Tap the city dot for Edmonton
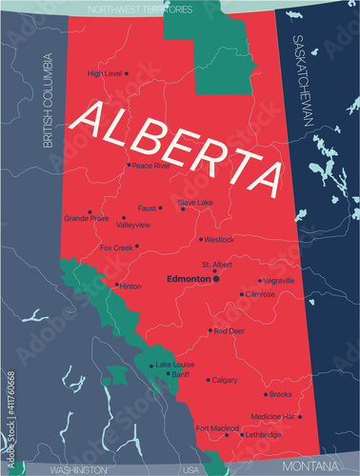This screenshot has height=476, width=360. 216,280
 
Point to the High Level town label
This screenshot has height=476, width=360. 104,73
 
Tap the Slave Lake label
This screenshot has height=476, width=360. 196,202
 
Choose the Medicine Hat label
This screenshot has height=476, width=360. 272,416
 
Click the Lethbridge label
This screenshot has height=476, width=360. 263,435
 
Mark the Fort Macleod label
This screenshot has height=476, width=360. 217,428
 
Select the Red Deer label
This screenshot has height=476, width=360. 230,331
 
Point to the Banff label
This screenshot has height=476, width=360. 182,374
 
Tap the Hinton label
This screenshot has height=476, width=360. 131,285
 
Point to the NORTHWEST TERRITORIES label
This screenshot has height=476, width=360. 140,9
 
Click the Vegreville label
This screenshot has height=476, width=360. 278,281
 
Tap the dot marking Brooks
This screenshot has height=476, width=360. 263,394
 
